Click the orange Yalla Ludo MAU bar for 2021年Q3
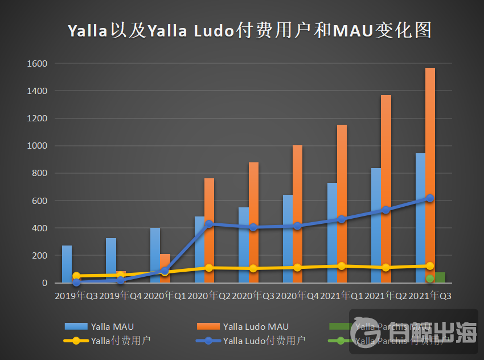(430, 171)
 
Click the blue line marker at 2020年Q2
(209, 224)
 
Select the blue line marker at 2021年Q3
(430, 198)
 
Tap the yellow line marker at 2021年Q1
(342, 266)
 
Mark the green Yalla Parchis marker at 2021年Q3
(430, 279)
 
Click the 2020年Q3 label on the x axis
(253, 296)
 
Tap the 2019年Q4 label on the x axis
(121, 296)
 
